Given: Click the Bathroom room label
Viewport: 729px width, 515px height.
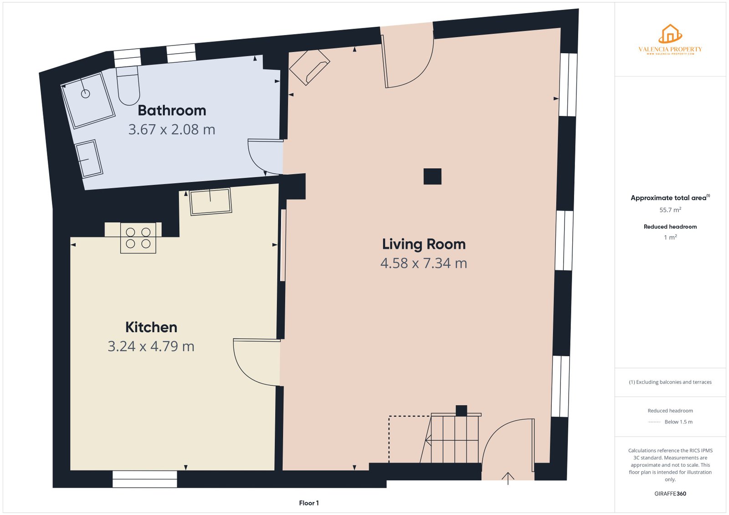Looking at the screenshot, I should click(172, 111).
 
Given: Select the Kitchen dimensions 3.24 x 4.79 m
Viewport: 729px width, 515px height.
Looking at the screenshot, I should click(151, 346).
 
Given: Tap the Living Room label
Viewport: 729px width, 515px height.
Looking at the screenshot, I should click(424, 244).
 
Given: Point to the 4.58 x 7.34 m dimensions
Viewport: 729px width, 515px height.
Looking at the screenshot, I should click(424, 263).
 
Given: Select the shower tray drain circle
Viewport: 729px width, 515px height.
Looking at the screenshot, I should click(86, 94).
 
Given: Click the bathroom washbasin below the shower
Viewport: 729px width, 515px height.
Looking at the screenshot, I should click(89, 158).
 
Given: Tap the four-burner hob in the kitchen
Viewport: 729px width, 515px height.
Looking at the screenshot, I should click(138, 238).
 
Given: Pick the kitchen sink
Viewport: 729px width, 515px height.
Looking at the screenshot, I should click(210, 201).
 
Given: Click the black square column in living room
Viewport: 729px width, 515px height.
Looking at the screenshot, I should click(432, 177).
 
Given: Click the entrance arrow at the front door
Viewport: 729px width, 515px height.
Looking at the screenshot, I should click(508, 478).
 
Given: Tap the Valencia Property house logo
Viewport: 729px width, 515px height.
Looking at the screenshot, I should click(670, 34).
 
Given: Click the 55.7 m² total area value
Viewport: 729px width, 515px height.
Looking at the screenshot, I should click(670, 210).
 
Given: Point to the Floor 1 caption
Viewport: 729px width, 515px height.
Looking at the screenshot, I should click(309, 503).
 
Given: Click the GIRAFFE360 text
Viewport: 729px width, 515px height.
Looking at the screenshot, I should click(670, 494).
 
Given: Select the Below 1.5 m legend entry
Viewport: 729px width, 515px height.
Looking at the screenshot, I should click(678, 422).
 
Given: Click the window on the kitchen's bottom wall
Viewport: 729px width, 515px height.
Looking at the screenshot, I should click(144, 479).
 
